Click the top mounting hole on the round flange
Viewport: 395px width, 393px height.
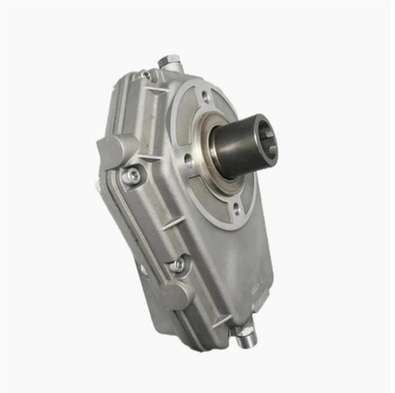pos(203,98)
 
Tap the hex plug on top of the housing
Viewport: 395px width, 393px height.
pos(170,61)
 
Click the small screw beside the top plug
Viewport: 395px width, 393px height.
pos(146,75)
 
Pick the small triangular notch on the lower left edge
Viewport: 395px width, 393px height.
pos(144,268)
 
